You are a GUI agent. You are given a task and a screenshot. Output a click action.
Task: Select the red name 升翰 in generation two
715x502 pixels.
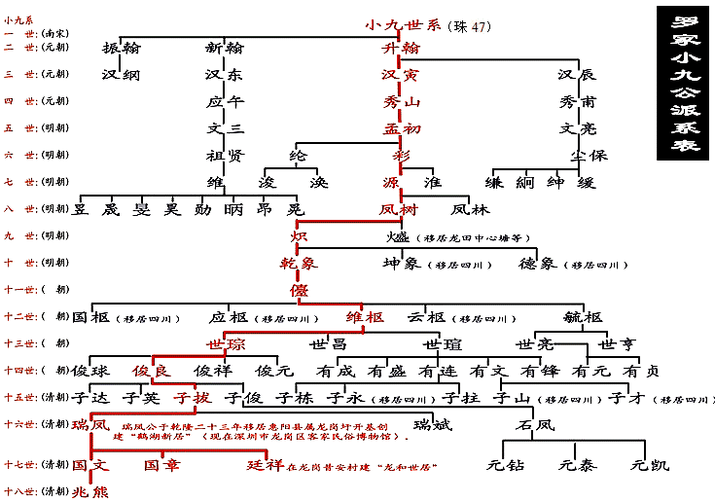(x=401, y=48)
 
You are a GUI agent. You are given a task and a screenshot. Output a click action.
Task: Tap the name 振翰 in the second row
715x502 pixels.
(x=122, y=48)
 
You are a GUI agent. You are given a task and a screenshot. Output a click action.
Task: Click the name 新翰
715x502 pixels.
(x=225, y=48)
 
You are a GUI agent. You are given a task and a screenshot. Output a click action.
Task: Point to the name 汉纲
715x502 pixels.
(x=122, y=74)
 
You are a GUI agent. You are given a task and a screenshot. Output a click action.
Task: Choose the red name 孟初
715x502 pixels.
(x=401, y=127)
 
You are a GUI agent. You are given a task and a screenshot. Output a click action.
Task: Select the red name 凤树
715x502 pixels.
(x=399, y=209)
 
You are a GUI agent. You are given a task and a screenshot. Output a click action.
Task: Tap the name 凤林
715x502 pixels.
(x=471, y=209)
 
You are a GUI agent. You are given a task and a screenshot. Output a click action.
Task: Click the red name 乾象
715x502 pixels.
(x=299, y=263)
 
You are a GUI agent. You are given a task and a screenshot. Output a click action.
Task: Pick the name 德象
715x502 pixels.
(x=536, y=263)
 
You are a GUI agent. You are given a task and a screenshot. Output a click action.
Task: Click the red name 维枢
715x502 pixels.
(x=365, y=316)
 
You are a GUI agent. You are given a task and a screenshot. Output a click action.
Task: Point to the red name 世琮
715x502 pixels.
(x=225, y=343)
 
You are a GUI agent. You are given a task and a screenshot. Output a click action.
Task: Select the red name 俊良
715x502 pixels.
(x=152, y=370)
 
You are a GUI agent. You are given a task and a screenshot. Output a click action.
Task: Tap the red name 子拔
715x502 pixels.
(x=191, y=397)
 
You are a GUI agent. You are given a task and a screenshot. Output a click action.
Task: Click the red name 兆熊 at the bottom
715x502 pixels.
(x=90, y=491)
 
